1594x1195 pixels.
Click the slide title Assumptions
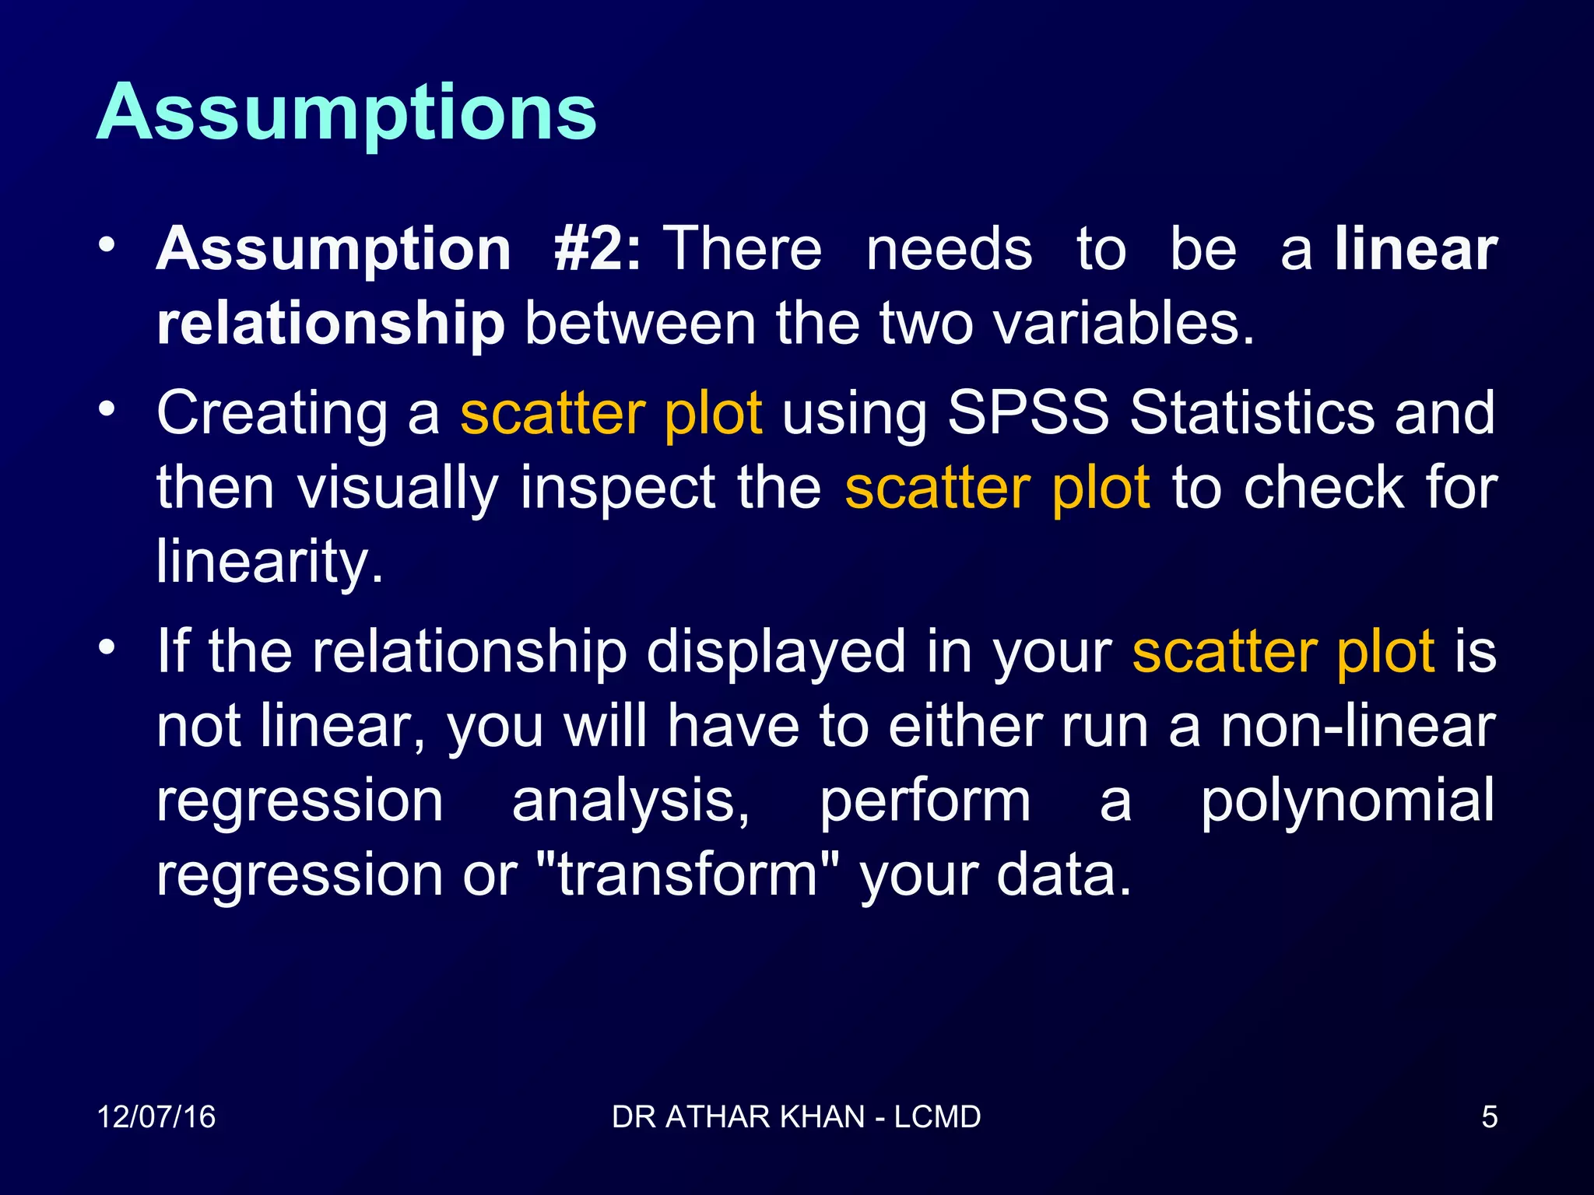pos(346,113)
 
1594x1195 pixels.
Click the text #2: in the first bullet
pos(597,249)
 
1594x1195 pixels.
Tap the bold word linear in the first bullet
pos(1416,249)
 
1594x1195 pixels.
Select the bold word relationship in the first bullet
pos(331,324)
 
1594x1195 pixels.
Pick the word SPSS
pos(1027,412)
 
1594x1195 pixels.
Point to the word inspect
pos(617,488)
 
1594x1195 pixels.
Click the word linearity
pos(269,562)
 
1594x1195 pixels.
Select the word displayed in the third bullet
pos(775,651)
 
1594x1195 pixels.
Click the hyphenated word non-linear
pos(1357,726)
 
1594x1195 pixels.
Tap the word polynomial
pos(1346,801)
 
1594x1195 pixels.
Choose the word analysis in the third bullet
pos(630,801)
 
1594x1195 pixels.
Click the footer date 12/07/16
pos(156,1117)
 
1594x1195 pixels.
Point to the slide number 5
pos(1489,1117)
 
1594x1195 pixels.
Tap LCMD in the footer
pos(937,1117)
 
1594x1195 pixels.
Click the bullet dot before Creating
pos(107,408)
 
